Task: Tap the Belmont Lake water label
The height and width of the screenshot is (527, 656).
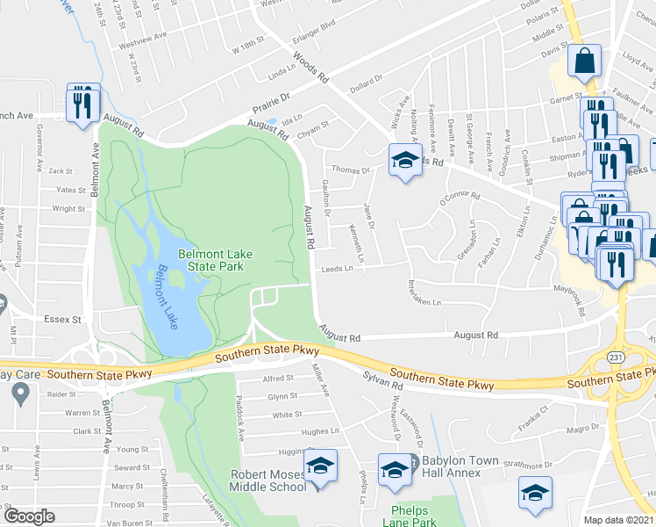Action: pyautogui.click(x=167, y=297)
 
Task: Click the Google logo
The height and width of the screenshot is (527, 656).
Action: pyautogui.click(x=29, y=516)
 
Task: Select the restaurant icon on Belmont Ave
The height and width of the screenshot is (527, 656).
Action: pyautogui.click(x=82, y=102)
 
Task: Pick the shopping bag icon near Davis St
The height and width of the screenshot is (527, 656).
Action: pyautogui.click(x=584, y=61)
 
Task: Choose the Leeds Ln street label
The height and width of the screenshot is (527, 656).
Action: pyautogui.click(x=337, y=270)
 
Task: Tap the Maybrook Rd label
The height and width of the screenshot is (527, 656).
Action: pyautogui.click(x=567, y=299)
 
